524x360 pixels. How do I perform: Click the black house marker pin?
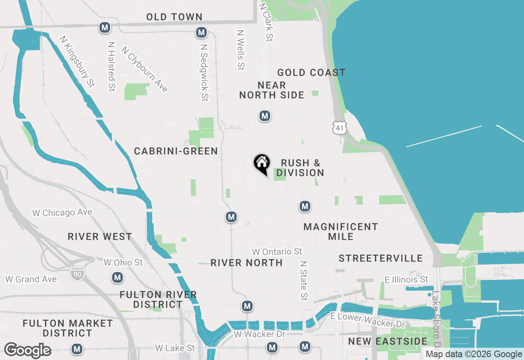(262, 164)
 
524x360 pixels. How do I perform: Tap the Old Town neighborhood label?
(174, 17)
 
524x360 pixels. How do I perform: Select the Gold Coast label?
(311, 73)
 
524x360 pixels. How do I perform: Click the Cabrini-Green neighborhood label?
(176, 151)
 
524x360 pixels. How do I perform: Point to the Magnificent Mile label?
(341, 232)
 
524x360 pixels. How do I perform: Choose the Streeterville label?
(381, 258)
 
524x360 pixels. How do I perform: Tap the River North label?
(246, 263)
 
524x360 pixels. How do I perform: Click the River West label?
(100, 237)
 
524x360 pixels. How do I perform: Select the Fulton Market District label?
(68, 328)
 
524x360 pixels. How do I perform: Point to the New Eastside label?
(388, 341)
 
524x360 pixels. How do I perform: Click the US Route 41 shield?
(340, 127)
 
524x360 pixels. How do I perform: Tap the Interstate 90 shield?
(77, 274)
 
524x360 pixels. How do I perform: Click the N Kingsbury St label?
(77, 61)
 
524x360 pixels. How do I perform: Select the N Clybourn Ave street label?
(145, 69)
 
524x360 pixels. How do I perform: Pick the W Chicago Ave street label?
(62, 213)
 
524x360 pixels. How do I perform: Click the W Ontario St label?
(277, 251)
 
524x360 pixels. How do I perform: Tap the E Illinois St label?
(406, 279)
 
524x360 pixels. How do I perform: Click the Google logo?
(28, 350)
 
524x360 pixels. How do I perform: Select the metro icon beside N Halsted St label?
(105, 28)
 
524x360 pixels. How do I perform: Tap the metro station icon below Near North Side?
(265, 116)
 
